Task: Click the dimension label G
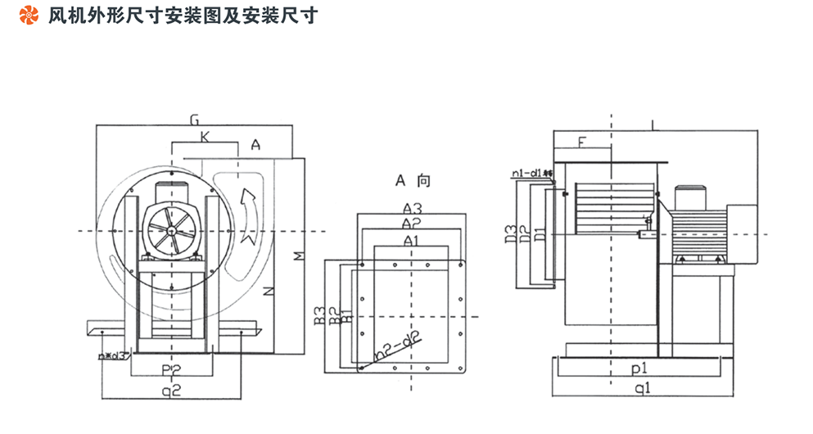(194, 120)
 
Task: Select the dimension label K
(204, 138)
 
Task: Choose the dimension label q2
(170, 391)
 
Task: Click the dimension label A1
(411, 240)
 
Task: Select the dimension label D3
(508, 233)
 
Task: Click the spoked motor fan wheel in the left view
(172, 231)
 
